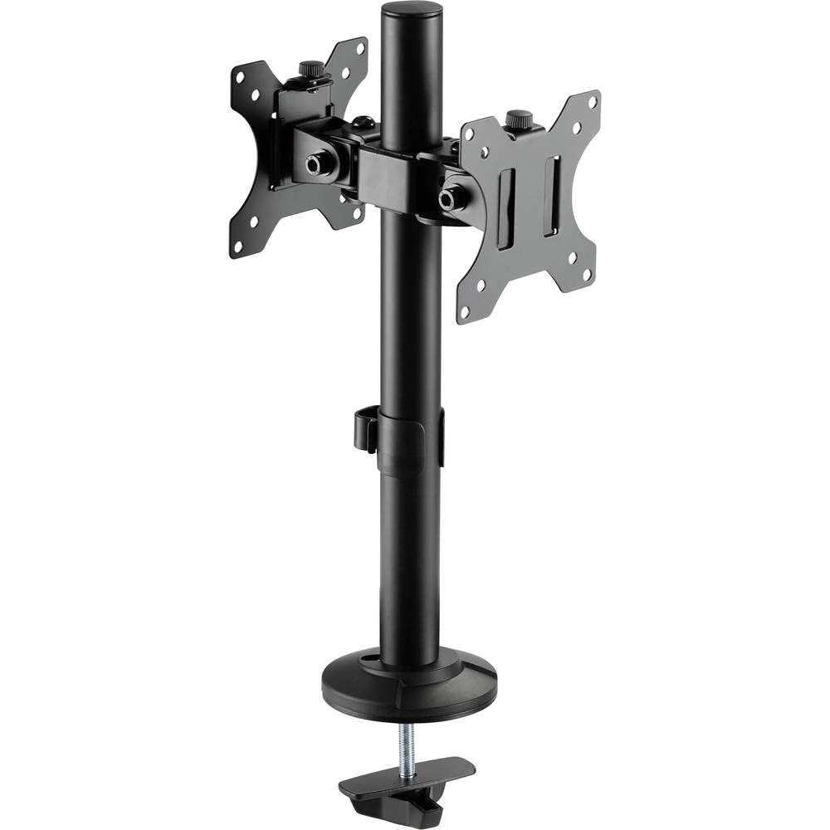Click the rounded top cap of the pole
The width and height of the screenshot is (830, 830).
click(x=411, y=12)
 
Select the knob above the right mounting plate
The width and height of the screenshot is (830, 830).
click(x=520, y=119)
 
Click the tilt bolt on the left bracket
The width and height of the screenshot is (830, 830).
click(x=316, y=164)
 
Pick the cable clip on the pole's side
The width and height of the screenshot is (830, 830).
click(x=365, y=428)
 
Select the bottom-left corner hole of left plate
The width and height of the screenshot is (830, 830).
click(x=239, y=245)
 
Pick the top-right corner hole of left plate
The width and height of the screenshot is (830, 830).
click(x=359, y=49)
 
